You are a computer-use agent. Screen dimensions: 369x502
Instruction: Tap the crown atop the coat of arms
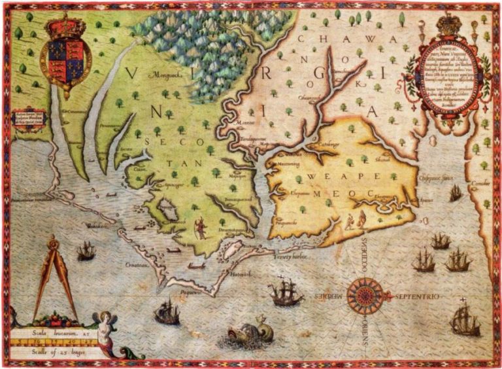click(x=66, y=27)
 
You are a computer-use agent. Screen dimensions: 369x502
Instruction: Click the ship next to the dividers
click(x=86, y=251)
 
